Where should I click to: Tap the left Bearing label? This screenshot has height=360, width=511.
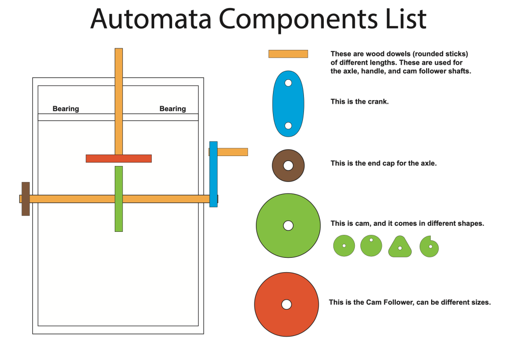(66, 109)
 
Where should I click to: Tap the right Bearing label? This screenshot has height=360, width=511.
(173, 109)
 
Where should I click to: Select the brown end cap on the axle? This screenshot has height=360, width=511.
(25, 199)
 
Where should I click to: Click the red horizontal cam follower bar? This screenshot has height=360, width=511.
(119, 159)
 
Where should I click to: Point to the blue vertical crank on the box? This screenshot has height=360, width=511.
(213, 174)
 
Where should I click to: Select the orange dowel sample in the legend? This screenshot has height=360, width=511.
(288, 54)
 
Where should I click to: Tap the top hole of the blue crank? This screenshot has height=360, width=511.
(288, 83)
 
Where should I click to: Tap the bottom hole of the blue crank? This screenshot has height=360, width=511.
(288, 126)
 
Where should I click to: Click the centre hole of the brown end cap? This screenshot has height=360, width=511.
(288, 165)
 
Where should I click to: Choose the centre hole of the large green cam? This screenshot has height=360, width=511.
(288, 225)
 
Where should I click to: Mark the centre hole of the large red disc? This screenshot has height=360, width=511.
(286, 304)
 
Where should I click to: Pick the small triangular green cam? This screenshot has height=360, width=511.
(400, 247)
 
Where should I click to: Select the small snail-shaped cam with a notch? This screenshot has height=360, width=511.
(429, 246)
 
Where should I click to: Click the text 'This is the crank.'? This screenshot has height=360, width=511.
(359, 101)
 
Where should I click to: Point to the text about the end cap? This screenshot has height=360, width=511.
(383, 163)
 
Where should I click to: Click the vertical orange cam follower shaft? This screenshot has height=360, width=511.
(119, 100)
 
